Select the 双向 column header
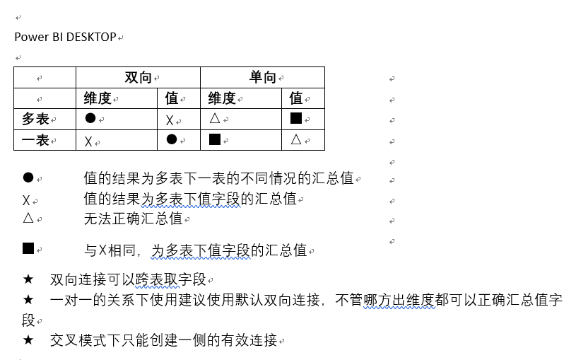coord(138,78)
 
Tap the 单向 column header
coord(263,78)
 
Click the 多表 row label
coord(35,119)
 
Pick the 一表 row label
coord(35,140)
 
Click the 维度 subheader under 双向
coord(98,98)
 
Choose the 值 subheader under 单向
coord(295,98)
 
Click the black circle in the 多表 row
coord(90,118)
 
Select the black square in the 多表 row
coord(295,118)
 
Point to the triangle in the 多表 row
coord(215,118)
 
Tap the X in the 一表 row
coord(88,141)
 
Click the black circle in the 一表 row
coord(172,139)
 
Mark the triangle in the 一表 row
coord(295,139)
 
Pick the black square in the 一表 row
coord(215,139)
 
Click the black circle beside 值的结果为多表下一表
coord(28,178)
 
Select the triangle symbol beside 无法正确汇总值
coord(28,218)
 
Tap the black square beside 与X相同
coord(28,248)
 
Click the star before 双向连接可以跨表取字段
coord(28,279)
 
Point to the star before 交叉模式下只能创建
coord(28,339)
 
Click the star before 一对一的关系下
coord(28,300)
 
